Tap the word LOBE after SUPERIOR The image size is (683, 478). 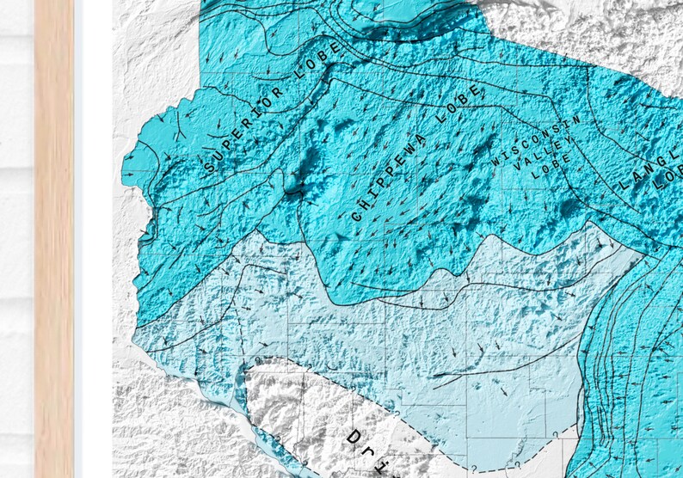pos(317,69)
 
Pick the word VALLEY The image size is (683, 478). pos(538,160)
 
